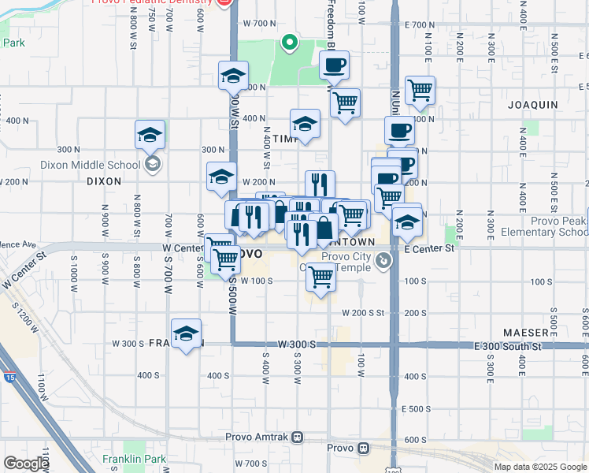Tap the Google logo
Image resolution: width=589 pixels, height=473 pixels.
point(27,464)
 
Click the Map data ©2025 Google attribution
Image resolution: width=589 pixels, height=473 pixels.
point(540,467)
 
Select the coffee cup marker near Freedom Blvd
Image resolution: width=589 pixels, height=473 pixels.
point(334,65)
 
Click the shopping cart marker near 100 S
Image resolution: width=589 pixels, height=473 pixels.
point(320,277)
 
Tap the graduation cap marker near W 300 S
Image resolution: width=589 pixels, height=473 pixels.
point(186,333)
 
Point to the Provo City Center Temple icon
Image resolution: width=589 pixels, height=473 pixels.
point(383,260)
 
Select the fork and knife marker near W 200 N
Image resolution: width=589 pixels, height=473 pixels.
point(320,184)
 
